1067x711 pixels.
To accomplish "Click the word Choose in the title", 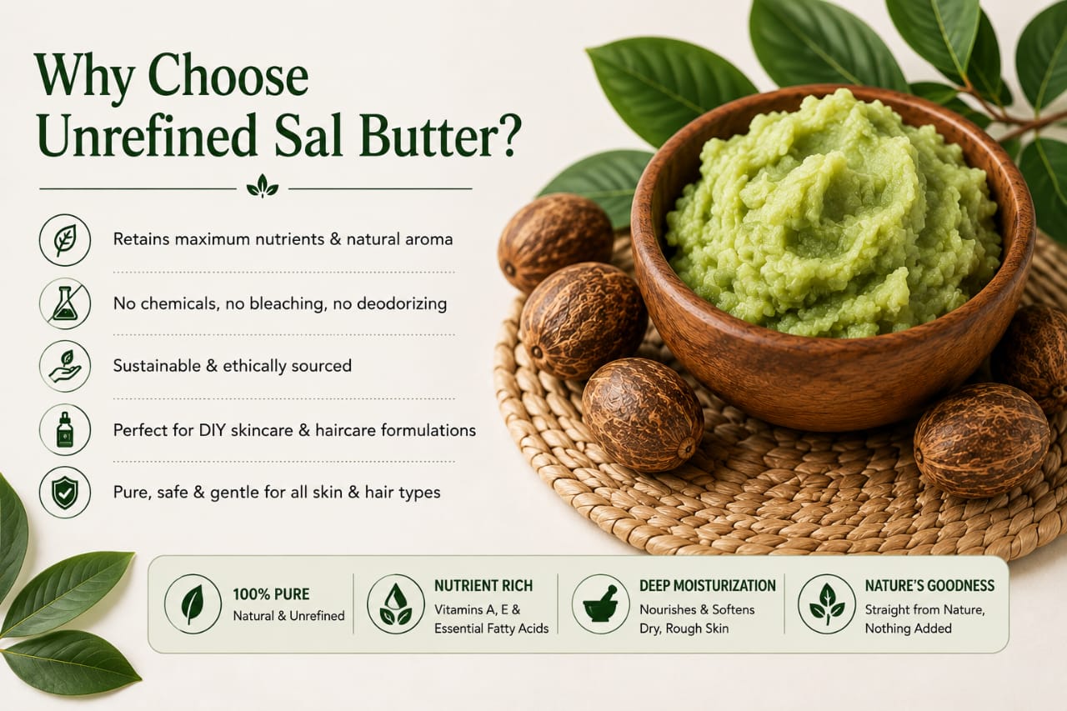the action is tap(228, 76).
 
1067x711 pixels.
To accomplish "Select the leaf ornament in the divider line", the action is tap(263, 186).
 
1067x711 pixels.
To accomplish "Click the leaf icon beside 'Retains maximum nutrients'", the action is tap(65, 239).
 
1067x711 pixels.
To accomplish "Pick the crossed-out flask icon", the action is tap(65, 304).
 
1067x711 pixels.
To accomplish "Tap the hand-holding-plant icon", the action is tap(65, 366).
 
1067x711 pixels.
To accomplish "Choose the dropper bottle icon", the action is tap(65, 430).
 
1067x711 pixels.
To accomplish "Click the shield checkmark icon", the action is tap(65, 493).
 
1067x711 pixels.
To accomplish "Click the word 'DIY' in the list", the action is tap(212, 430).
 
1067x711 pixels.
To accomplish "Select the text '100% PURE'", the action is tap(271, 593).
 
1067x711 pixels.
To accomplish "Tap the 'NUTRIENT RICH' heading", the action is tap(483, 585).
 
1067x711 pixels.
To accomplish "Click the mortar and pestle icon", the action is tap(600, 604).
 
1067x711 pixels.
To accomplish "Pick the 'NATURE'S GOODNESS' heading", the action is tap(929, 585).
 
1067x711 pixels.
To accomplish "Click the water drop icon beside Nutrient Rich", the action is tap(396, 603).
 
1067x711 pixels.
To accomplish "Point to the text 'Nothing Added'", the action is tap(909, 628).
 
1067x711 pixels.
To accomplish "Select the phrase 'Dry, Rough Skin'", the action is tap(684, 628).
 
